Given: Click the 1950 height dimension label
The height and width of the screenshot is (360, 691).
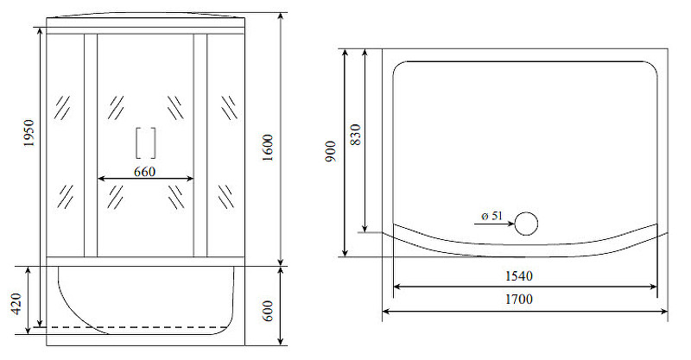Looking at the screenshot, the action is point(29,133).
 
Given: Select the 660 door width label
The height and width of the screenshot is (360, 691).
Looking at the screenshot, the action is point(144,172).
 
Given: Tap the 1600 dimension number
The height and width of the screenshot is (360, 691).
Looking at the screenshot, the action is point(268,148).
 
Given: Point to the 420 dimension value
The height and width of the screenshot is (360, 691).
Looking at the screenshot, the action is point(16,304).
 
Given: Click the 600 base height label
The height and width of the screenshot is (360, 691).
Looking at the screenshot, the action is point(268,311).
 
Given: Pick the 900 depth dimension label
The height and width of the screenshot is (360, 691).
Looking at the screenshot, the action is point(331,151).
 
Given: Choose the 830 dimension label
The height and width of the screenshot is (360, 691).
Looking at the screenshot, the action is point(356,135).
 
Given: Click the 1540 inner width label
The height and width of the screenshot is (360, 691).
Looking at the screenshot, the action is point(519,276).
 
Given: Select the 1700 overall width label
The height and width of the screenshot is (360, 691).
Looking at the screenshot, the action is point(519,300).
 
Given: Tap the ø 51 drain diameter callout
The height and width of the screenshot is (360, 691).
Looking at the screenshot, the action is point(491,216).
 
